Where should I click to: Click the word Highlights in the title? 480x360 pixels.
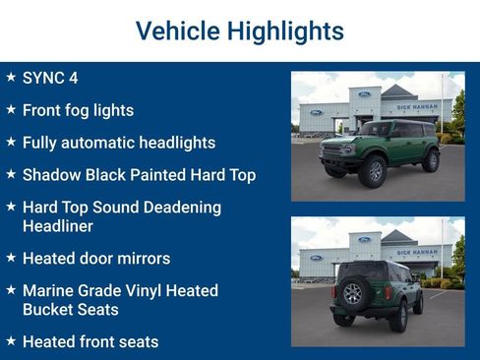[285, 30]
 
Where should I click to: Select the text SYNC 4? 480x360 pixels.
[49, 78]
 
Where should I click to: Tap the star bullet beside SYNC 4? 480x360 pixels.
[10, 77]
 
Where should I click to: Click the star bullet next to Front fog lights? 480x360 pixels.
[10, 109]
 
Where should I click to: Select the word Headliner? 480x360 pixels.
[57, 226]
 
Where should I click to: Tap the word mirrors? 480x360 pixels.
[141, 259]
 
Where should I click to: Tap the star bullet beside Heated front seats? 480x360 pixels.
[10, 341]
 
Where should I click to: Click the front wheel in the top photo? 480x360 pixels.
[373, 171]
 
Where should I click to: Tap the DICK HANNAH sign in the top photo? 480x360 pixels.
[416, 107]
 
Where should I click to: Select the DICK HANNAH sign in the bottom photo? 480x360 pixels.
[416, 253]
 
